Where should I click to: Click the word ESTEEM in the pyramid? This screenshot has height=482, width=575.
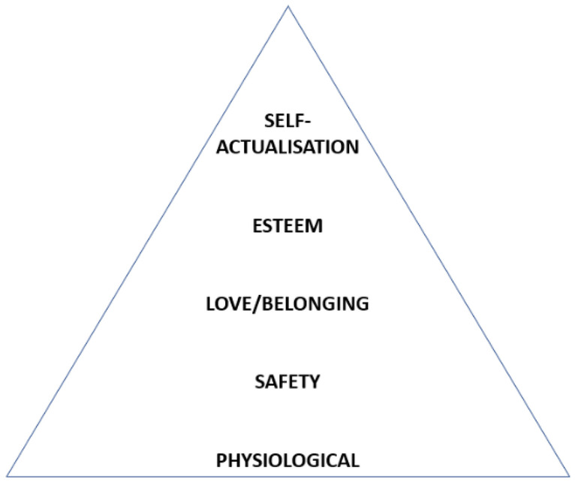pyautogui.click(x=288, y=225)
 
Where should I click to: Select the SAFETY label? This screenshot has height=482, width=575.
pyautogui.click(x=288, y=381)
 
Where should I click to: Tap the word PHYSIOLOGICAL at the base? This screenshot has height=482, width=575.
pyautogui.click(x=288, y=459)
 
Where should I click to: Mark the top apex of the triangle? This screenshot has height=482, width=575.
pyautogui.click(x=288, y=7)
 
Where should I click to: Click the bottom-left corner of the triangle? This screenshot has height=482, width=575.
pyautogui.click(x=7, y=475)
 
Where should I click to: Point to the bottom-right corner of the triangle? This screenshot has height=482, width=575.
pyautogui.click(x=569, y=475)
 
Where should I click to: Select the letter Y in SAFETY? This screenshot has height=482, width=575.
pyautogui.click(x=315, y=381)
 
